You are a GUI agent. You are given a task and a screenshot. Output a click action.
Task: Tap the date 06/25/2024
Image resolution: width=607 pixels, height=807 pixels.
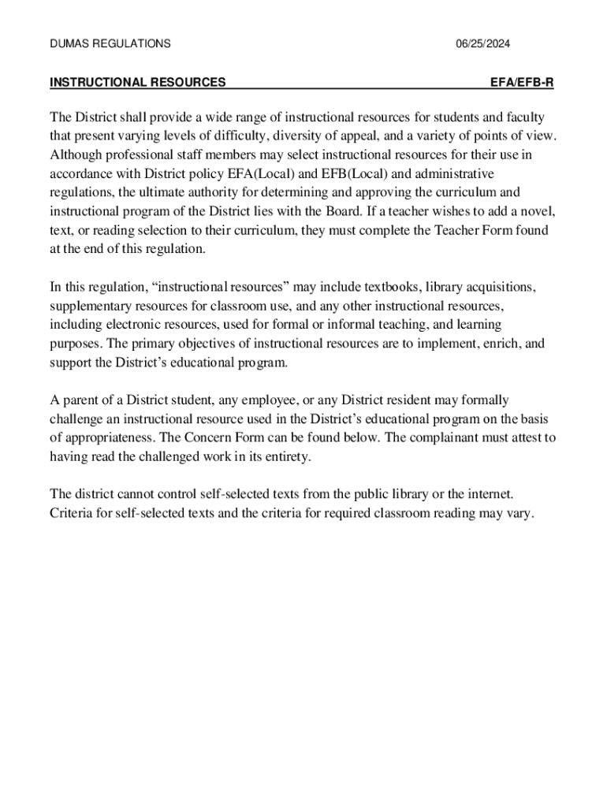point(482,44)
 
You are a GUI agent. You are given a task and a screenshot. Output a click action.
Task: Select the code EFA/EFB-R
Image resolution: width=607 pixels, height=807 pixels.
point(522,82)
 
